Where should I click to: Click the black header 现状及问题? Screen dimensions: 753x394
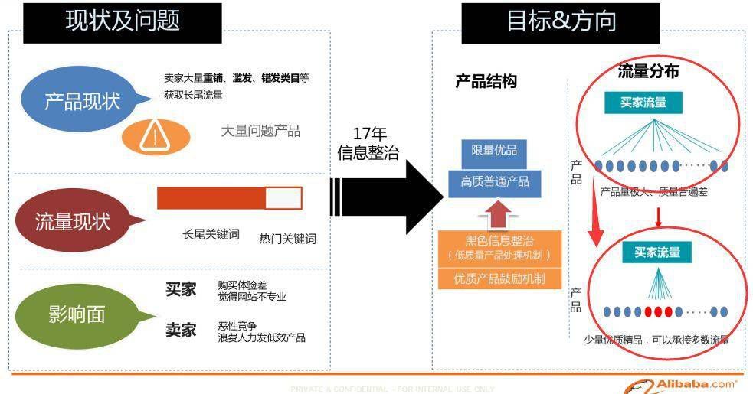pyautogui.click(x=123, y=21)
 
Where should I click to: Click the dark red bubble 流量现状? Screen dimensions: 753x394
pyautogui.click(x=74, y=222)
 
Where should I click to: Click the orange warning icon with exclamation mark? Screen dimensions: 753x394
pyautogui.click(x=155, y=135)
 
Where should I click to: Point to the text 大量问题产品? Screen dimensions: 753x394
pyautogui.click(x=260, y=132)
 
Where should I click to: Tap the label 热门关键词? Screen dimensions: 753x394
pyautogui.click(x=287, y=238)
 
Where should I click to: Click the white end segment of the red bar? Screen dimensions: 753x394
pyautogui.click(x=283, y=198)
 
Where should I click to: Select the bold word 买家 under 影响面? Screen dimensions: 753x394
pyautogui.click(x=181, y=289)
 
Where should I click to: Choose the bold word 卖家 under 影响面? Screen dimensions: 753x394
pyautogui.click(x=181, y=330)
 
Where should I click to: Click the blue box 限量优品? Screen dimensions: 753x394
pyautogui.click(x=493, y=151)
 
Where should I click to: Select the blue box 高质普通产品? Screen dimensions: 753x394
pyautogui.click(x=494, y=181)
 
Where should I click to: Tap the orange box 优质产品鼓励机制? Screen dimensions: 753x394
pyautogui.click(x=499, y=278)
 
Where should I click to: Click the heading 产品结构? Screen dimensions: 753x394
pyautogui.click(x=486, y=82)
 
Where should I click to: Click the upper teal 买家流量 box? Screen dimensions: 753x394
pyautogui.click(x=643, y=103)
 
